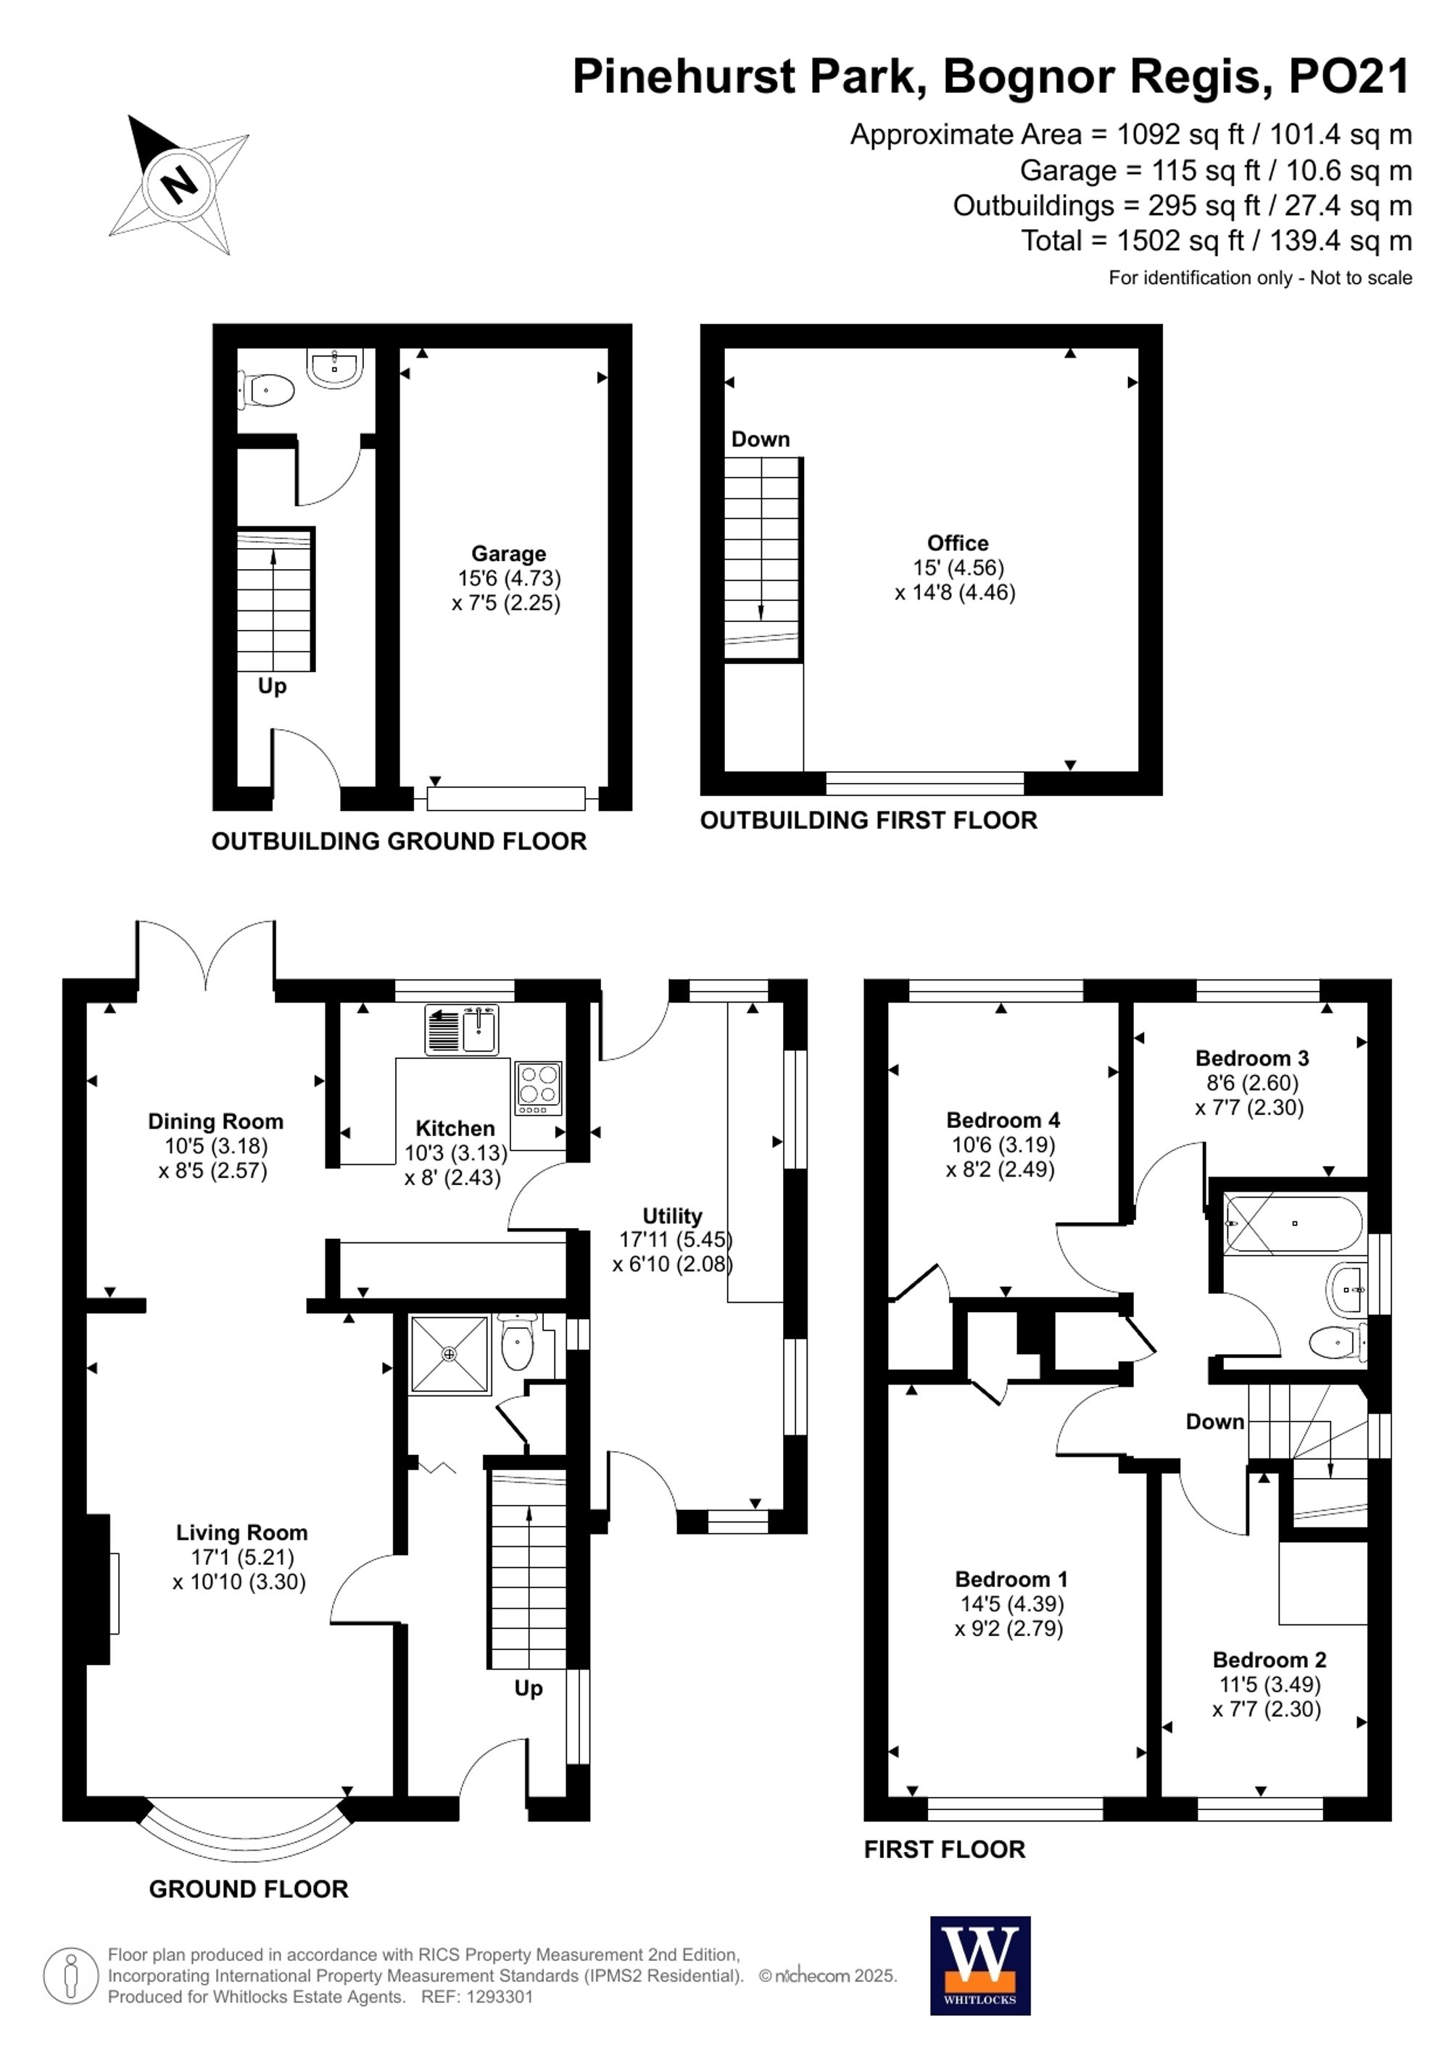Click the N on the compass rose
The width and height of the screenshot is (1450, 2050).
(x=180, y=184)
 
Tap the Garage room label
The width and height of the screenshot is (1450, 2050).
(x=508, y=554)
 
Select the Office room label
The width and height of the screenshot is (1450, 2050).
(x=957, y=543)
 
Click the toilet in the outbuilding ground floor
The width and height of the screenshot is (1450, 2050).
(x=268, y=390)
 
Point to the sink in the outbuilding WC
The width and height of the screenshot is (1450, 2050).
(x=335, y=367)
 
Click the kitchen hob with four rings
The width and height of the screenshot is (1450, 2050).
(x=537, y=1087)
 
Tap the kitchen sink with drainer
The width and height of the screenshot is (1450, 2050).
(x=462, y=1030)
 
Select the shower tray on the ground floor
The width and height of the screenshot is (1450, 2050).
(x=449, y=1354)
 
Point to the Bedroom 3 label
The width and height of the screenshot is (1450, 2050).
(x=1252, y=1058)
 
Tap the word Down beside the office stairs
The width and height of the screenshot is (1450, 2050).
(x=760, y=439)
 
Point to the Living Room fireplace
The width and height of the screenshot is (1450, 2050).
(x=100, y=1592)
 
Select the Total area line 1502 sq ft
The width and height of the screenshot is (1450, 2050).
(x=1216, y=240)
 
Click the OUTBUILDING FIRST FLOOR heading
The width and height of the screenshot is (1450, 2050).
(x=868, y=821)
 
